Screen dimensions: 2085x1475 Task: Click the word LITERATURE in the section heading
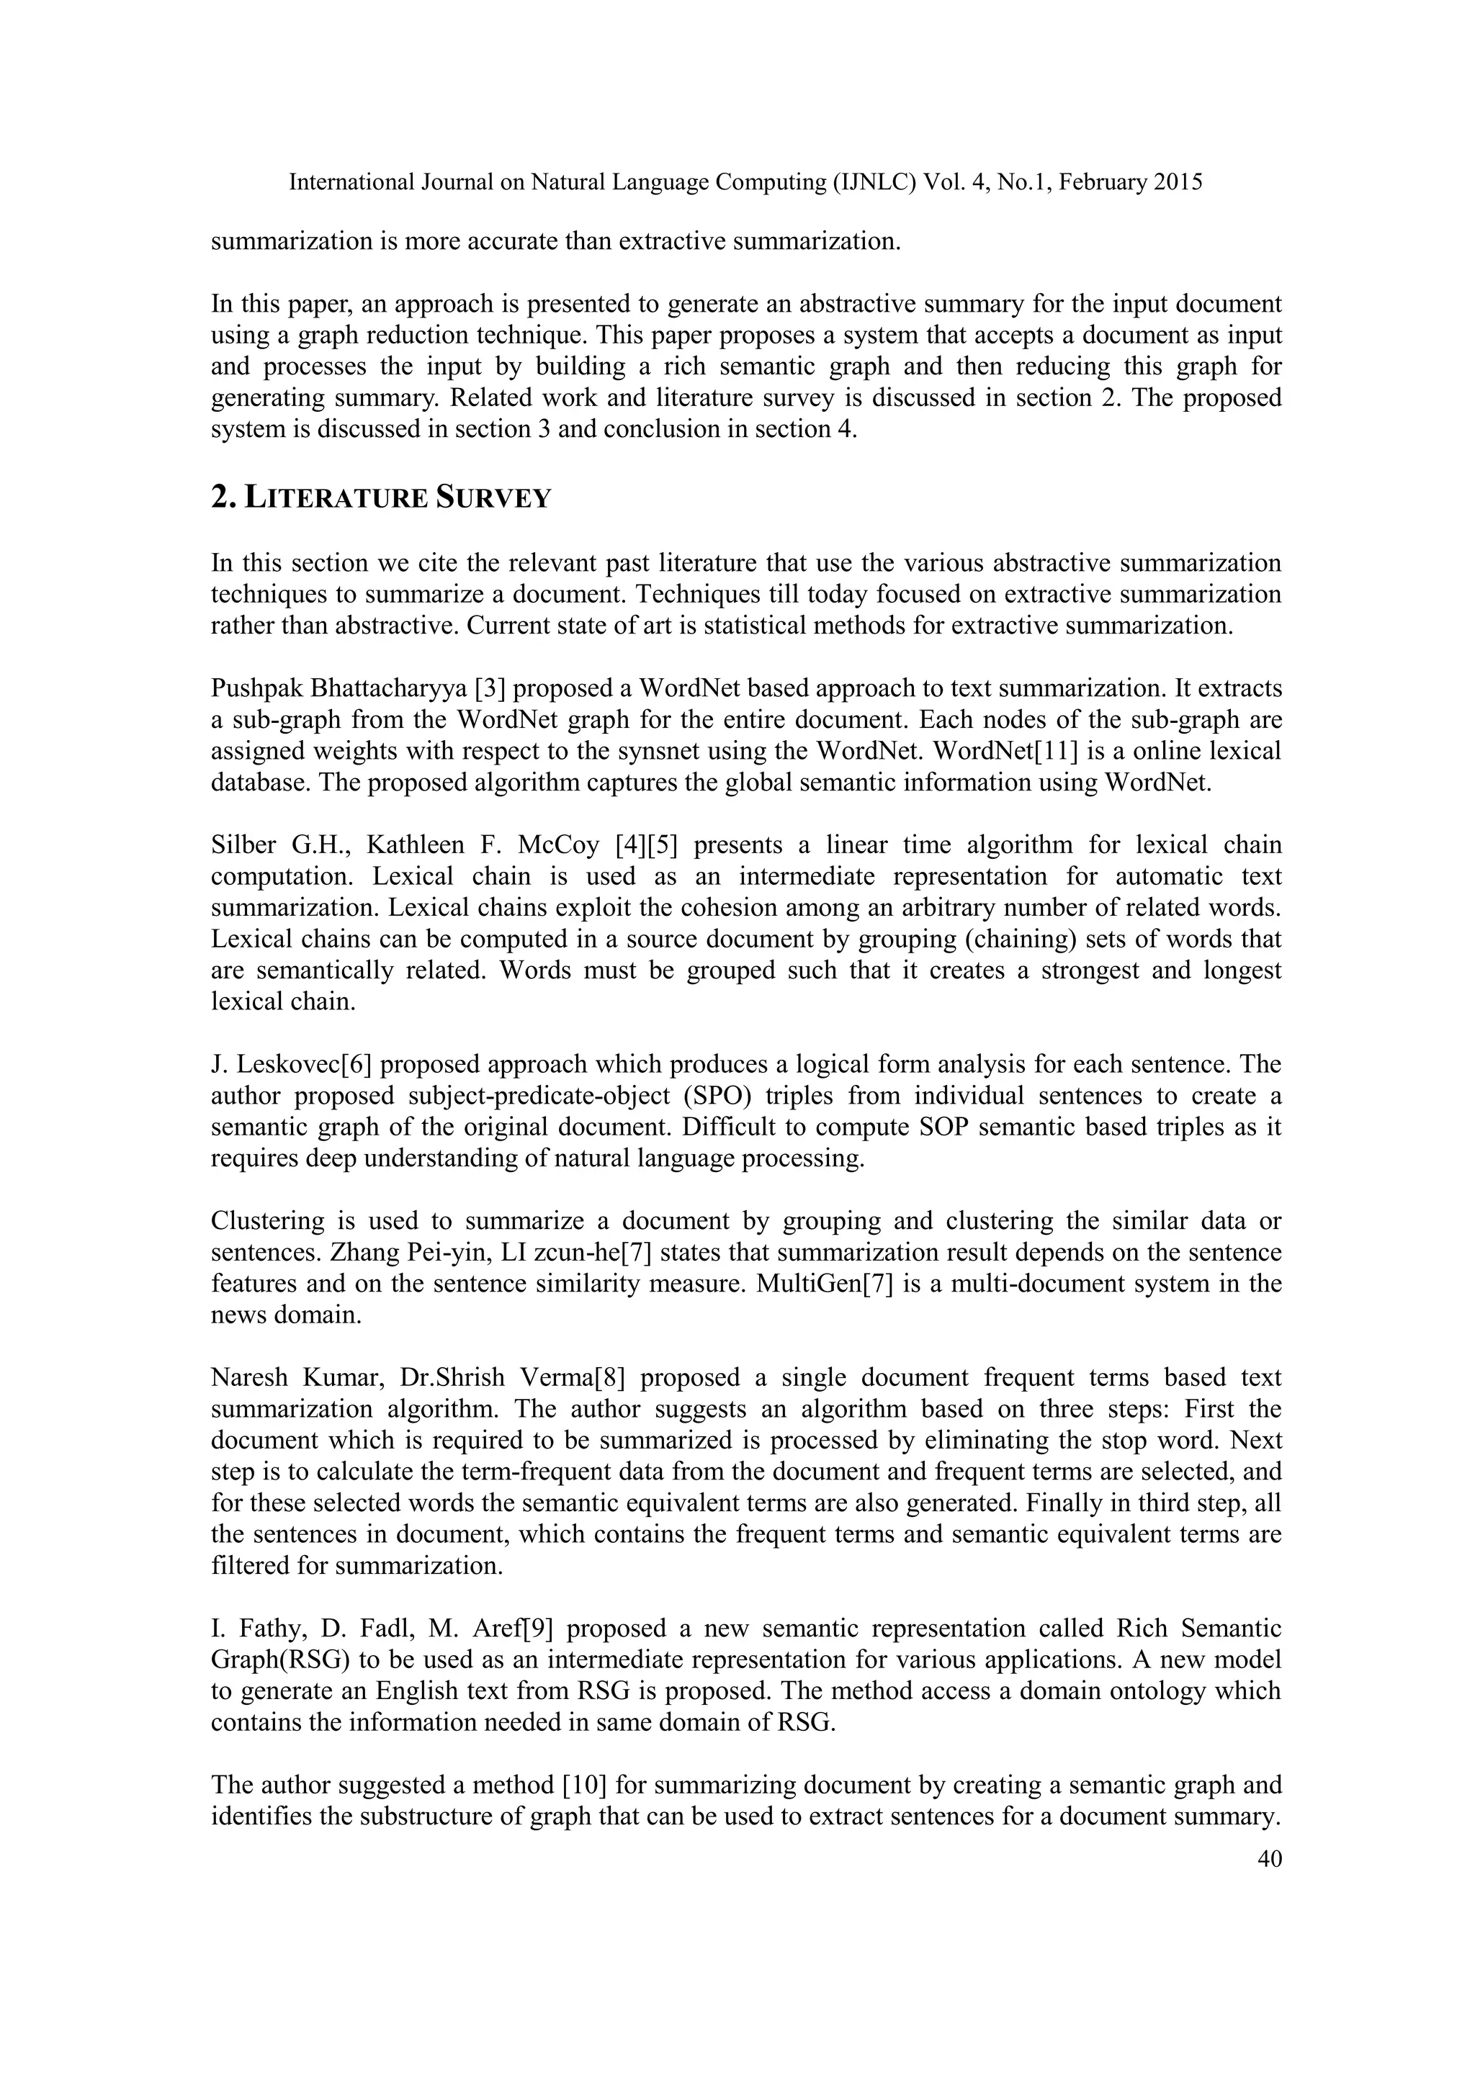337,498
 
